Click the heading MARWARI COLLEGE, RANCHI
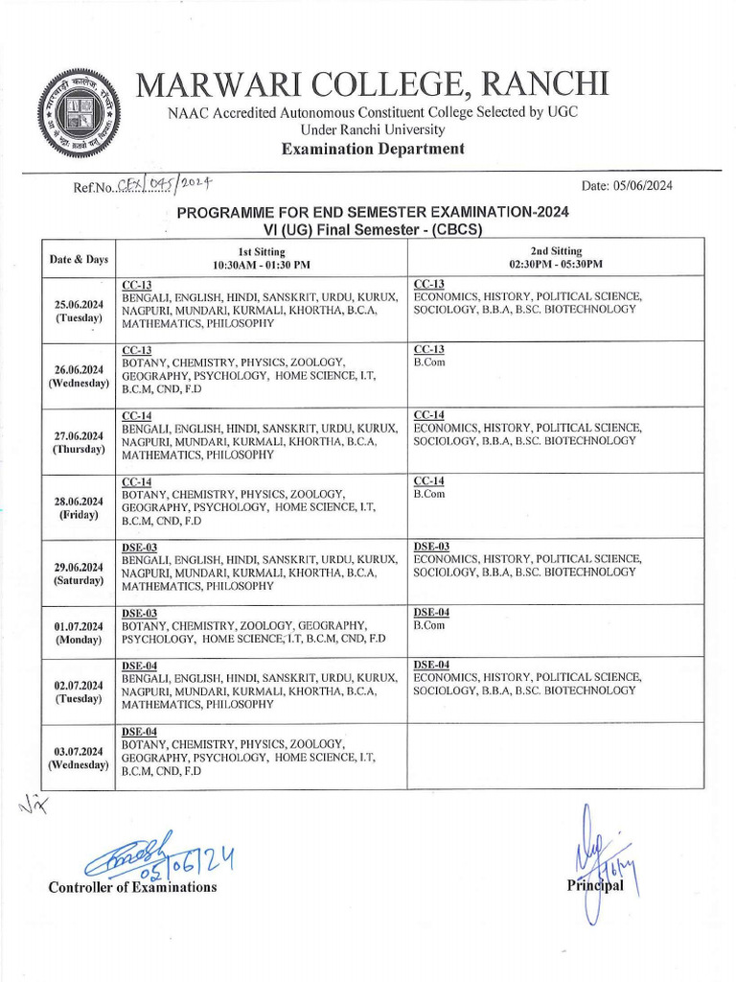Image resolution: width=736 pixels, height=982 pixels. pyautogui.click(x=373, y=84)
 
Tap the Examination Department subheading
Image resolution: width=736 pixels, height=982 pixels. pyautogui.click(x=373, y=148)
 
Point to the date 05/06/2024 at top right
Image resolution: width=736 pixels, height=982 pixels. pyautogui.click(x=627, y=186)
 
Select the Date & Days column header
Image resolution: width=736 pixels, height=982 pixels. pyautogui.click(x=79, y=259)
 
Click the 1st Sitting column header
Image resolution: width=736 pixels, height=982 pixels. pyautogui.click(x=261, y=257)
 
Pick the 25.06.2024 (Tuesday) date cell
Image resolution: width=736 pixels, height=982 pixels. pyautogui.click(x=79, y=310)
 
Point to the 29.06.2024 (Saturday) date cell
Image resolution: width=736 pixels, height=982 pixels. pyautogui.click(x=79, y=573)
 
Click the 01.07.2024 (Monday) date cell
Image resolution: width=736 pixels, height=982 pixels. pyautogui.click(x=79, y=632)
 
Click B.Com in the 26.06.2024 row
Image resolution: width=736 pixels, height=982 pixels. pyautogui.click(x=429, y=363)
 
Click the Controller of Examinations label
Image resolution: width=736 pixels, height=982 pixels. pyautogui.click(x=132, y=887)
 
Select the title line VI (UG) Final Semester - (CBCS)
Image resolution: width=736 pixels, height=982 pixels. pyautogui.click(x=373, y=230)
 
